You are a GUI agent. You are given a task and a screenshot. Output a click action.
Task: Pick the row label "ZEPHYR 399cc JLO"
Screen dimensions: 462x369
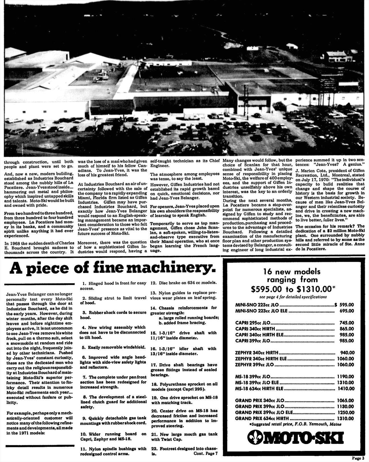[x=255, y=364]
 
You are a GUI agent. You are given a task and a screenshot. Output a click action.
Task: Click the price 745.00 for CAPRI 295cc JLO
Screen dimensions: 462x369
[x=347, y=323]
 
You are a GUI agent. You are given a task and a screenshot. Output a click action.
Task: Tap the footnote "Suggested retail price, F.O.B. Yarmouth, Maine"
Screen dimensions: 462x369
[x=295, y=424]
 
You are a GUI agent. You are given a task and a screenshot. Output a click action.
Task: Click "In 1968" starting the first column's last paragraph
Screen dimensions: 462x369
[x=13, y=243]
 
